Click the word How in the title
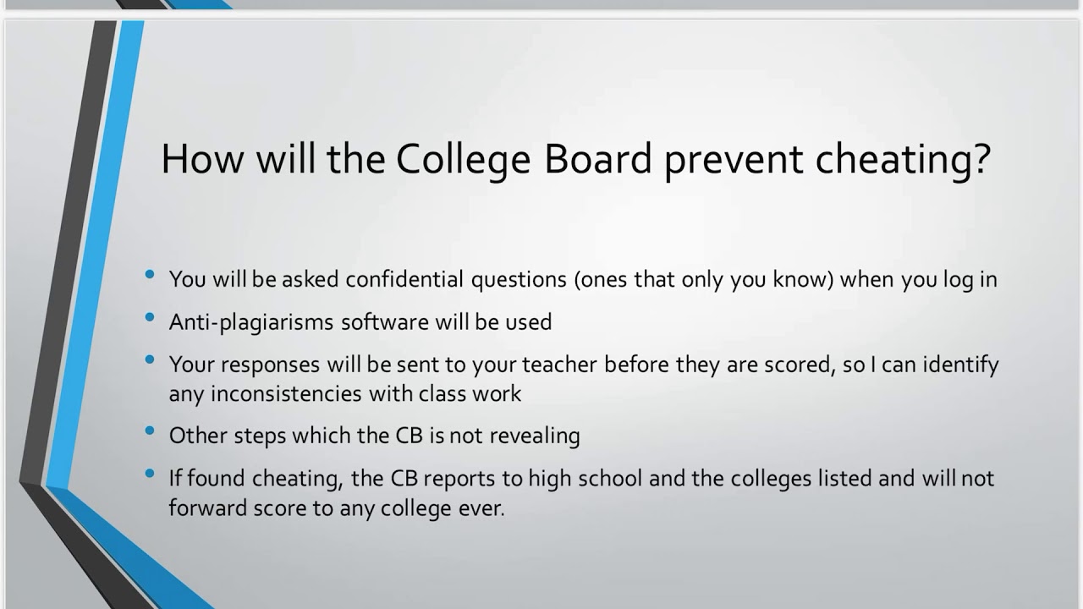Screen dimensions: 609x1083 click(194, 158)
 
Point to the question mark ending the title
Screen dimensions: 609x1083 click(981, 158)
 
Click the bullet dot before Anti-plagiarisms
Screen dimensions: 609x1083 click(151, 317)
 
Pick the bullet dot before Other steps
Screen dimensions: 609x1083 click(151, 431)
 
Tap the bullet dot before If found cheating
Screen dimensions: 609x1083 click(151, 474)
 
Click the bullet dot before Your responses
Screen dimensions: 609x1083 click(151, 359)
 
